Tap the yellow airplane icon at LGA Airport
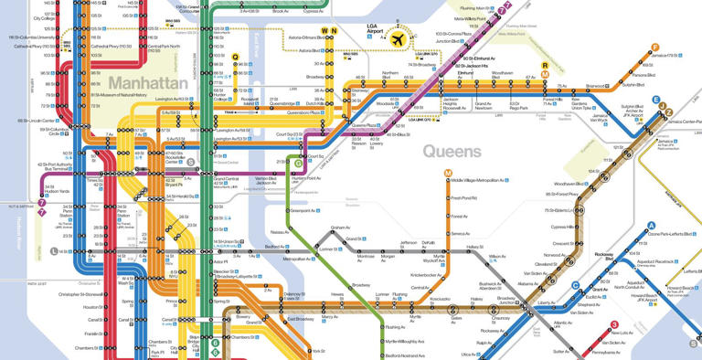(399, 39)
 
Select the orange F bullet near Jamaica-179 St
(655, 48)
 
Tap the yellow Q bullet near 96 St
(236, 58)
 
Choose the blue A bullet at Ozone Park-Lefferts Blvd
(652, 226)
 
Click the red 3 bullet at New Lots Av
(614, 324)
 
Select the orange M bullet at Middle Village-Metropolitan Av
(448, 173)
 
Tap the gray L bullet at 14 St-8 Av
(55, 250)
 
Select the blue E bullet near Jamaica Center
(655, 100)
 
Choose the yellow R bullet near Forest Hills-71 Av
(546, 65)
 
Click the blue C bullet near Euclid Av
(575, 284)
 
